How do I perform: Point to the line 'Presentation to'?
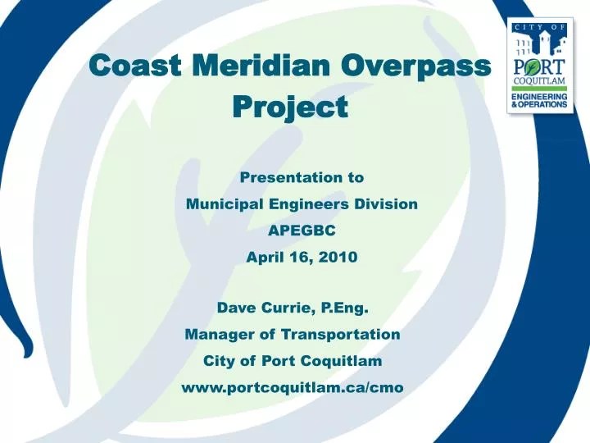point(302,177)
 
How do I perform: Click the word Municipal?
point(225,204)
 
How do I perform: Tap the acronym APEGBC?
point(302,231)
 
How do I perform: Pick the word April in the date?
point(265,257)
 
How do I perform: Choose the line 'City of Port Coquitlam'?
point(293,361)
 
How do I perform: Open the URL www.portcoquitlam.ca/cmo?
point(292,388)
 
